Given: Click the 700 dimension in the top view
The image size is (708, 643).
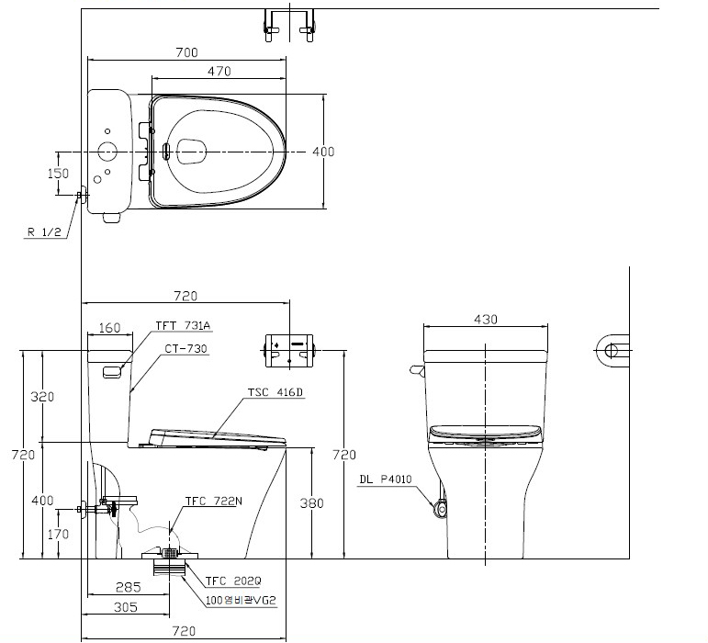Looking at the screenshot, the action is tap(187, 52).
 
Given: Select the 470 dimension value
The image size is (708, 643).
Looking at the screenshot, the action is tap(219, 72).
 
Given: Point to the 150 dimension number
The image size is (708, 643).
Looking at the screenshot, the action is tap(58, 174).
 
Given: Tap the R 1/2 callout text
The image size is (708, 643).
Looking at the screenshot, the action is tap(44, 232).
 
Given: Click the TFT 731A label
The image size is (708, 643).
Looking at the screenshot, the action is tap(183, 325).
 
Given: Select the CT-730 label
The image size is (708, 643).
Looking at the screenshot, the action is tap(185, 348).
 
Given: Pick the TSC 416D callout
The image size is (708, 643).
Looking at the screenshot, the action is tap(275, 392).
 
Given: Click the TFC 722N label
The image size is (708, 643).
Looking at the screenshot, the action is tap(214, 502).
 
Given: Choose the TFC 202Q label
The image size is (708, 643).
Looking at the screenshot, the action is tap(233, 581).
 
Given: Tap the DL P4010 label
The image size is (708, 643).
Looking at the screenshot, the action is tap(386, 479).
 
